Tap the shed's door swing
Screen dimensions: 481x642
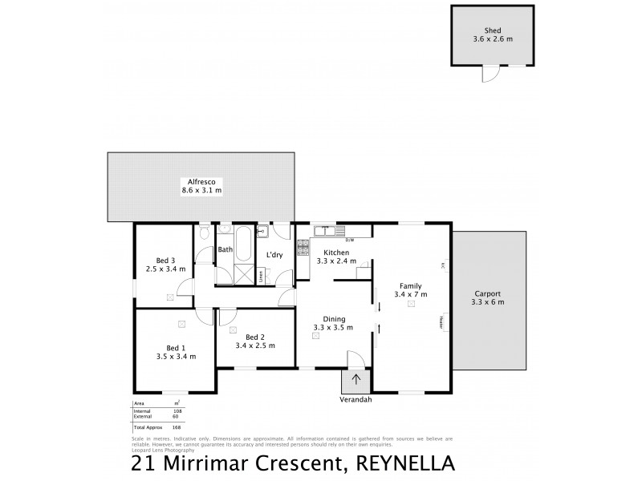(x=487, y=74)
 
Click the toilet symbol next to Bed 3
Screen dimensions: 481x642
(x=205, y=233)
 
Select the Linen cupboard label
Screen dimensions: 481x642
(x=261, y=277)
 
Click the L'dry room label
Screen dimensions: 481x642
(x=274, y=254)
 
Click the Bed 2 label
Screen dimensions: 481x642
(x=255, y=337)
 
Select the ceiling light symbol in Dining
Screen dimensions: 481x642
(x=315, y=337)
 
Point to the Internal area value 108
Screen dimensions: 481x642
(x=177, y=410)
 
